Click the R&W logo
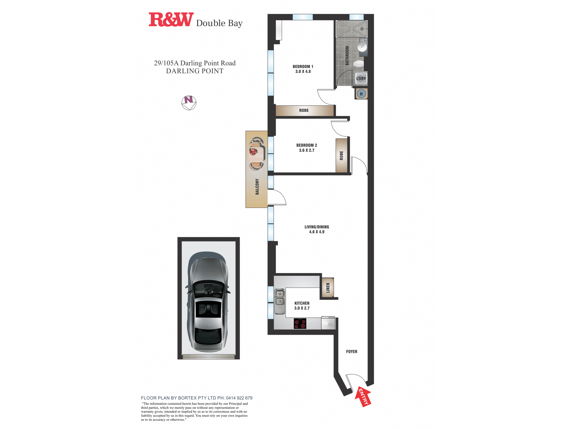click(x=171, y=19)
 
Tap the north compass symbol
click(x=189, y=103)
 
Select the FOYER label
click(x=351, y=351)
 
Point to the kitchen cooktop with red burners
click(x=300, y=323)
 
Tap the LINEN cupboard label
click(x=328, y=288)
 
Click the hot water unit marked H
click(x=361, y=94)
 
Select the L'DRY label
click(x=361, y=78)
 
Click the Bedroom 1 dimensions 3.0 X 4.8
click(x=303, y=71)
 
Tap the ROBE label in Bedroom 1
click(x=304, y=110)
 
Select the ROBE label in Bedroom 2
click(x=341, y=156)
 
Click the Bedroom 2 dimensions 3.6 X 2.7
click(x=307, y=150)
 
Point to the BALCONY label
click(x=257, y=187)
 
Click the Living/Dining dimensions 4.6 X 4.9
click(x=317, y=232)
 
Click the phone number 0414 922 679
click(x=239, y=398)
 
